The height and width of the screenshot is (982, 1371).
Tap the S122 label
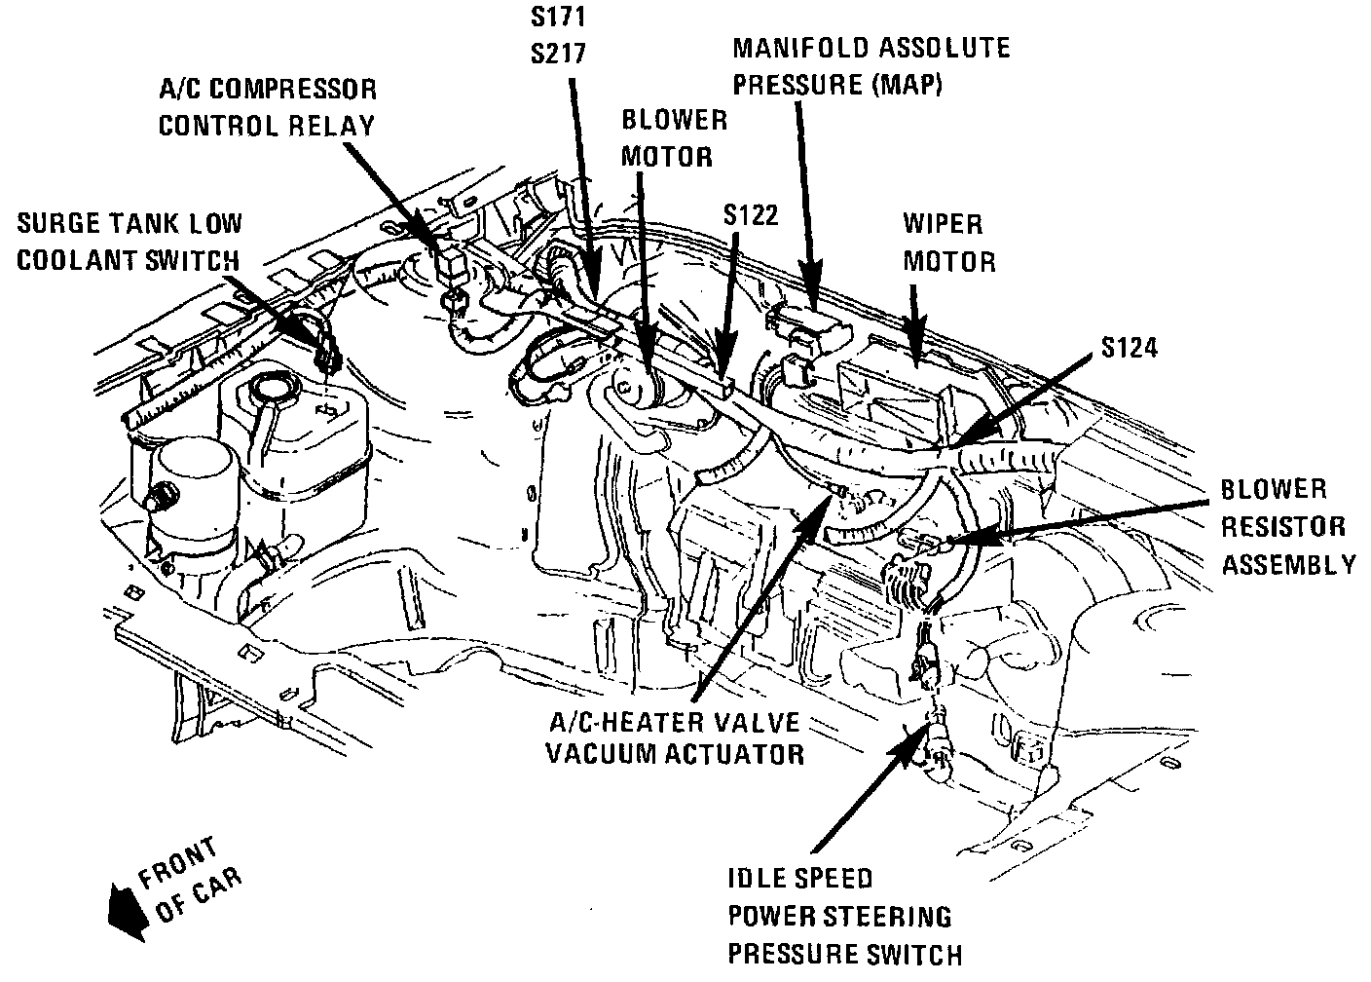click(x=751, y=214)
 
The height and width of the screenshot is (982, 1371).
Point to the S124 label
click(x=1130, y=347)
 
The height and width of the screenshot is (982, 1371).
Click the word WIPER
click(x=943, y=224)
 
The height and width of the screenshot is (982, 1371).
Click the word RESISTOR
click(x=1283, y=527)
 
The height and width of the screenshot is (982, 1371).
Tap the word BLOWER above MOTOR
click(x=674, y=120)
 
